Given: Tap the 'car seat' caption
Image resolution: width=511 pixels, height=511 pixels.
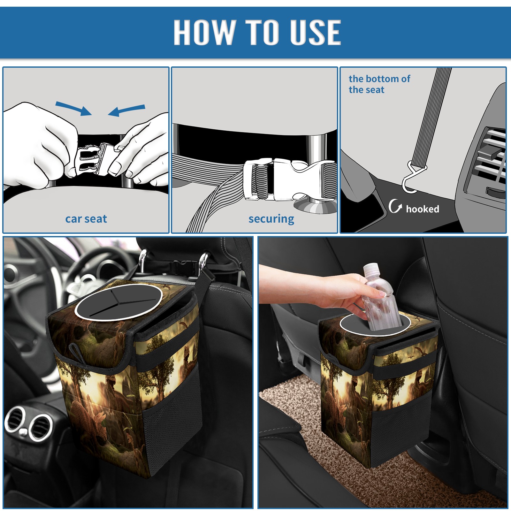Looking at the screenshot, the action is (x=86, y=219).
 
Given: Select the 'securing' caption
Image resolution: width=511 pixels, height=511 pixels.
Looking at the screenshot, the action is (x=271, y=219).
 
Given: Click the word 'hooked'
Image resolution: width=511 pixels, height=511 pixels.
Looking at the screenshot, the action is (x=423, y=209).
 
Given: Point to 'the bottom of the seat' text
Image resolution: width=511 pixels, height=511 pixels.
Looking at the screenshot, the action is (x=379, y=84).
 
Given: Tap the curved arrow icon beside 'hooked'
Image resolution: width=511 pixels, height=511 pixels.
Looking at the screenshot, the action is (x=395, y=206).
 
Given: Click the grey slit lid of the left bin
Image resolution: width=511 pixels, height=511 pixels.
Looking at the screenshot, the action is (x=118, y=302).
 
